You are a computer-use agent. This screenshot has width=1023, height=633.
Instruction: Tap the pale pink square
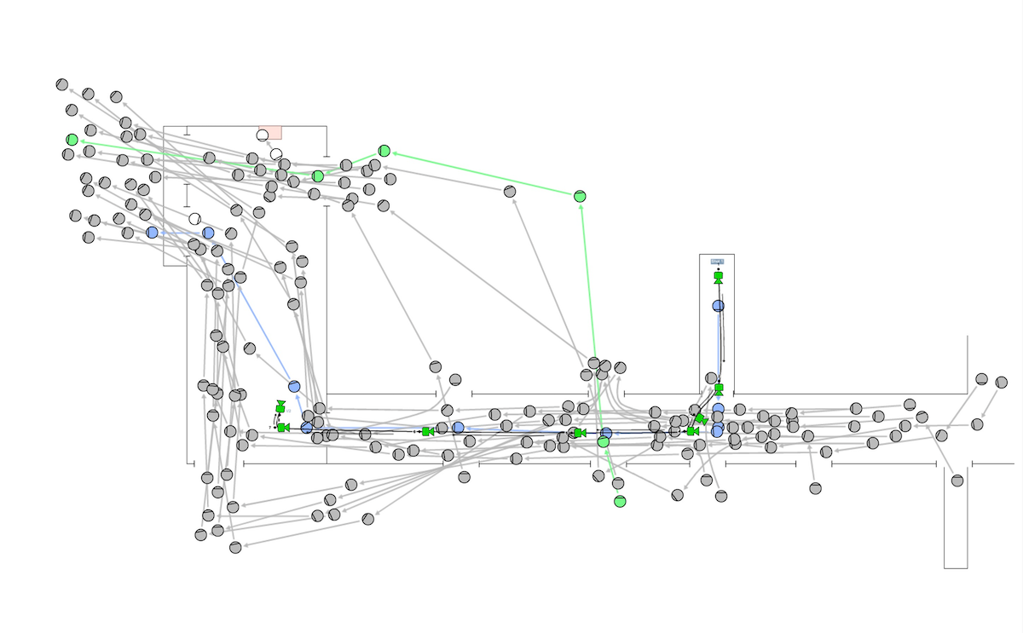pos(272,132)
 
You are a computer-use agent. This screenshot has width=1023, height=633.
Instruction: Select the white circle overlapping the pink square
pos(263,135)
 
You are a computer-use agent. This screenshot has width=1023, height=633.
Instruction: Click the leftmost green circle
pos(72,140)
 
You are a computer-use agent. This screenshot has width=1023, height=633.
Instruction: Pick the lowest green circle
pos(620,501)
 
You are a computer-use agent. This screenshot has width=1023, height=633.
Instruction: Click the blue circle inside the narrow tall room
pos(719,306)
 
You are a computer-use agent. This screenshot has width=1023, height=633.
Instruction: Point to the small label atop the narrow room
pos(717,262)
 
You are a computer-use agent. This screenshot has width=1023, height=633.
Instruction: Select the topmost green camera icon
pos(718,278)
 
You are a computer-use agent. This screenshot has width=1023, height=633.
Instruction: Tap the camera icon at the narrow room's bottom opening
pos(719,389)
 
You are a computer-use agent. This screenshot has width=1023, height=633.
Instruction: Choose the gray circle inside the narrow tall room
pos(711,377)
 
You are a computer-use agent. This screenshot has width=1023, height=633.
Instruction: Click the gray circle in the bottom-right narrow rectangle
pos(957,481)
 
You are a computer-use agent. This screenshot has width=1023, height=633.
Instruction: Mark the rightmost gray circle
pos(1002,383)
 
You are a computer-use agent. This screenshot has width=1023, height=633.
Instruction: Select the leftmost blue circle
pos(152,233)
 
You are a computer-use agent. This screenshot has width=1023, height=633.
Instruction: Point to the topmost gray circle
pos(62,84)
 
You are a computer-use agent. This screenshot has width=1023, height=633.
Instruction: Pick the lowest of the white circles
pos(195,219)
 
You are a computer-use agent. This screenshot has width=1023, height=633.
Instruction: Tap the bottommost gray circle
pos(235,547)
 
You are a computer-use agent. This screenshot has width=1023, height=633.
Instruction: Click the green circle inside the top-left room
pos(318,176)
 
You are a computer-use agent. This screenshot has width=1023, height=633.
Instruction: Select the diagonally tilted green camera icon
pos(701,418)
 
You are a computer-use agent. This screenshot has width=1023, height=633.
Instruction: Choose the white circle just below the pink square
pos(276,154)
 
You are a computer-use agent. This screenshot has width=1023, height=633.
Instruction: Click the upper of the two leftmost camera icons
pos(280,407)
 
